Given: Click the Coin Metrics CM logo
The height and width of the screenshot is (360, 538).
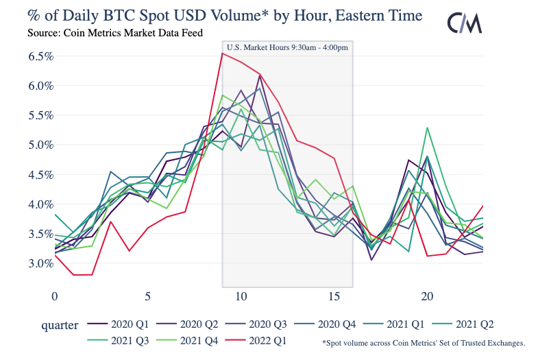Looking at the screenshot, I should point(466,23).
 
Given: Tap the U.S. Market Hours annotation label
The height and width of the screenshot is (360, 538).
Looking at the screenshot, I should point(287,47).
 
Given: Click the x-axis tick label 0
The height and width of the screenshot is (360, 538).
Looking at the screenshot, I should point(55,296).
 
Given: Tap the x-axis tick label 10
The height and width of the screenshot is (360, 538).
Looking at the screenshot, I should point(241,296).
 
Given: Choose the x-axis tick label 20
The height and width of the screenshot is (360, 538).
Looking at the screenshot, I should point(427,296).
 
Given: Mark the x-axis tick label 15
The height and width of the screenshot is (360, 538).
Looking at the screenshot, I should point(334,296).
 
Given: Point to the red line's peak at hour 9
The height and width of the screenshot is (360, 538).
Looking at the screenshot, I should point(222,53).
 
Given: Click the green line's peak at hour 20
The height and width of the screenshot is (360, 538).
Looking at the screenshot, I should point(428,128).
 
